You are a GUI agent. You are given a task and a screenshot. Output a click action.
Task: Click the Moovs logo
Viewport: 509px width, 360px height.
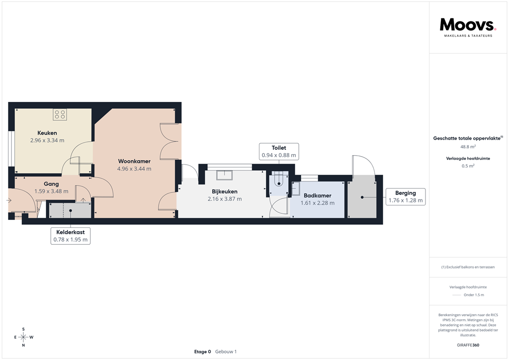pos(468,25)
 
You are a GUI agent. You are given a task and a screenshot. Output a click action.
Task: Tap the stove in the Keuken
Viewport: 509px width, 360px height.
pos(60,115)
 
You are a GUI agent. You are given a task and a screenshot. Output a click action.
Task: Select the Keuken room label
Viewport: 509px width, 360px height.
pos(47,133)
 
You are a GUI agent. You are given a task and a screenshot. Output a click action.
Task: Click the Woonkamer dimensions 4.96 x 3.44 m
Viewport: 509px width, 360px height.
pos(134,169)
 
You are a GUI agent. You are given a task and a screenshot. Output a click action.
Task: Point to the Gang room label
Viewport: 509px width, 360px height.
pos(51,184)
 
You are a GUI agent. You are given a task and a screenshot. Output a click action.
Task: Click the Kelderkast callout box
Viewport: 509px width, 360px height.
pos(70,236)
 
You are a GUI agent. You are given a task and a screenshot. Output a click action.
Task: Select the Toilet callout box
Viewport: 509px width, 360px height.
pos(279,152)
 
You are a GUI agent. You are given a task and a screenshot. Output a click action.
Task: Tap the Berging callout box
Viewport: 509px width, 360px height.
pos(406,197)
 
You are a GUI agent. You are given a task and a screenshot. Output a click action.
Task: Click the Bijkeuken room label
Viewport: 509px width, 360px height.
pos(225,191)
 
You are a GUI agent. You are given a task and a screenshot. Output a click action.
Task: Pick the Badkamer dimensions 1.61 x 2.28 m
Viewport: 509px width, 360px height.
pos(318,203)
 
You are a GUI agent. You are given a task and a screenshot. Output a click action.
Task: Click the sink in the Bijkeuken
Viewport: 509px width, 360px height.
pos(225,174)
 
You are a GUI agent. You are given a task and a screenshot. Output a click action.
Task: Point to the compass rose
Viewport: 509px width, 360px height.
pos(23,337)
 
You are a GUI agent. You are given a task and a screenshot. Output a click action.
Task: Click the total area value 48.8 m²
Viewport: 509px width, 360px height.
pos(468,147)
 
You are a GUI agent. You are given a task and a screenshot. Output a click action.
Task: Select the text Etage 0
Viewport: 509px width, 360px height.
pos(202,352)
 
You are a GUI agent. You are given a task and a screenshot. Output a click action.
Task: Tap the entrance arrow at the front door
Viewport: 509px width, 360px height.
pos(9,200)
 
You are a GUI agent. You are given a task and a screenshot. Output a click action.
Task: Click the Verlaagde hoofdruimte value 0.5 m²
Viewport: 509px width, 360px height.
pos(468,166)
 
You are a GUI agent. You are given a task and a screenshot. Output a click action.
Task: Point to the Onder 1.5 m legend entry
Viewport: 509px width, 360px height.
pos(473,295)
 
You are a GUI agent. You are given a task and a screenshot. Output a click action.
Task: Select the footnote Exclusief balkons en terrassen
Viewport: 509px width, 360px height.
pos(468,267)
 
